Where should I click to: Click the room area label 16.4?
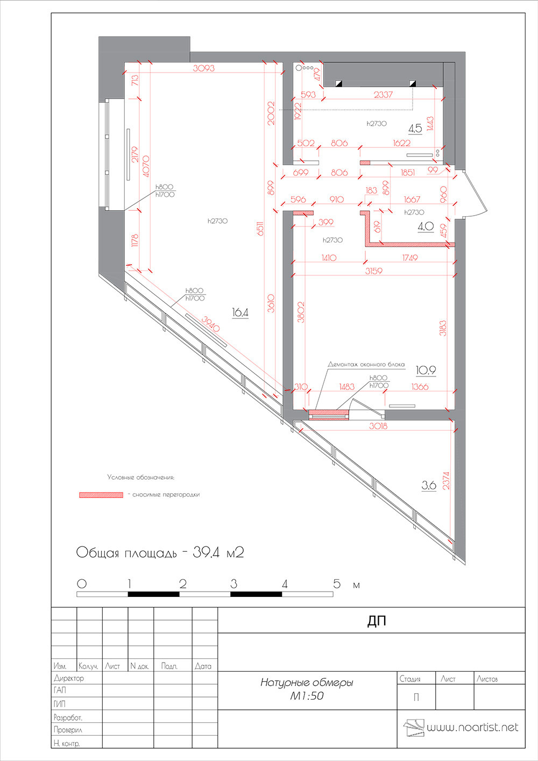pyautogui.click(x=240, y=312)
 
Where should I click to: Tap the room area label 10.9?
pyautogui.click(x=426, y=370)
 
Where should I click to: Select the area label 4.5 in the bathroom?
pyautogui.click(x=415, y=129)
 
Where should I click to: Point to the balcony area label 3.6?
pyautogui.click(x=428, y=485)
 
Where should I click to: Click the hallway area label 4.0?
pyautogui.click(x=426, y=226)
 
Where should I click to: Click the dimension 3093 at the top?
pyautogui.click(x=204, y=68)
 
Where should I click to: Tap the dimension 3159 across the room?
pyautogui.click(x=373, y=271)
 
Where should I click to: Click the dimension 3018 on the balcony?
pyautogui.click(x=378, y=426)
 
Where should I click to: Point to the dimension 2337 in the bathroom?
pyautogui.click(x=383, y=95)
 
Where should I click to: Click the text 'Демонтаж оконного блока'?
pyautogui.click(x=366, y=364)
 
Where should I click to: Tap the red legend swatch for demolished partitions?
pyautogui.click(x=101, y=495)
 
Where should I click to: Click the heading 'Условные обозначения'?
pyautogui.click(x=140, y=477)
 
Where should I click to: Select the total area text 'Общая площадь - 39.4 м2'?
pyautogui.click(x=160, y=552)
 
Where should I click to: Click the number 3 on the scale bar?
pyautogui.click(x=233, y=584)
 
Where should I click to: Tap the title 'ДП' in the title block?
pyautogui.click(x=377, y=621)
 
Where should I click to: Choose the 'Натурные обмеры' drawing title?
pyautogui.click(x=307, y=682)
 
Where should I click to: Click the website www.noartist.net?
pyautogui.click(x=472, y=728)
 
